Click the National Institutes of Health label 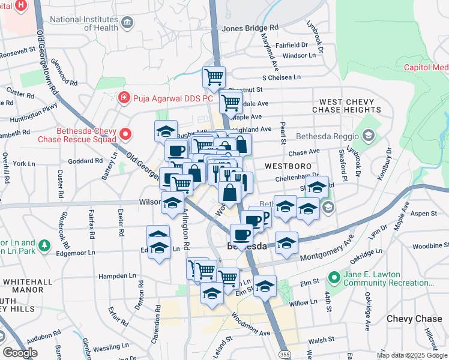pos(83,23)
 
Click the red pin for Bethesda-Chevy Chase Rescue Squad pos(125,134)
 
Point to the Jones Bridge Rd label pos(250,28)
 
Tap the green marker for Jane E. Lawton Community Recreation pos(334,278)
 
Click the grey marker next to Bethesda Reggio pos(369,136)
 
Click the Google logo pos(19,352)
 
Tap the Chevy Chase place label pos(413,319)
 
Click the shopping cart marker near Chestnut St pos(214,77)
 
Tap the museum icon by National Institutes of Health pos(127,23)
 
